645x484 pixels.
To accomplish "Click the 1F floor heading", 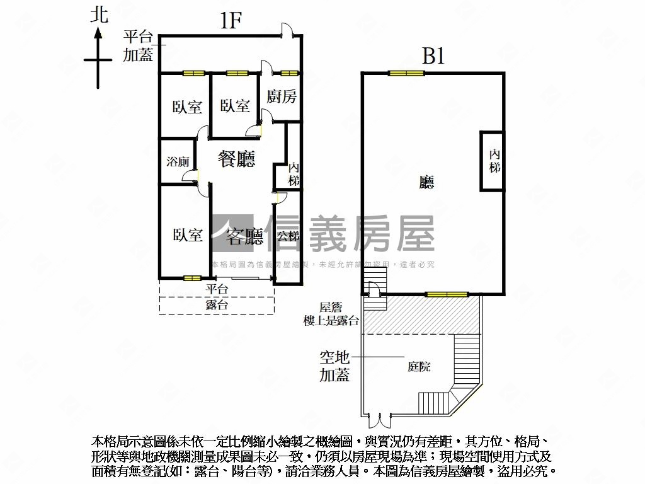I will pos(231,21).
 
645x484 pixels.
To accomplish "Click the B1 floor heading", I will pos(433,57).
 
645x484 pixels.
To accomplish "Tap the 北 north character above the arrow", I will pos(99,15).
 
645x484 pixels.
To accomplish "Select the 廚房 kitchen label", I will pos(281,96).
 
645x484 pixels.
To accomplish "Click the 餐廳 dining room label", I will pos(237,159).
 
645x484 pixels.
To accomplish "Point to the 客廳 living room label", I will pos(244,236).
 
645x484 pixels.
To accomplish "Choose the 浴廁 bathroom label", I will pos(178,161).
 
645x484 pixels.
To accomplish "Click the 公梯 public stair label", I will pos(287,236).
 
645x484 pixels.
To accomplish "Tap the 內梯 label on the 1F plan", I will pos(294,174).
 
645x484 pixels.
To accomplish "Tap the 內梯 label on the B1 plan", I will pos(494,161).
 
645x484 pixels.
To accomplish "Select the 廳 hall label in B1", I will pos(426,183).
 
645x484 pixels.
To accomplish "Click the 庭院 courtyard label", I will pos(419,366).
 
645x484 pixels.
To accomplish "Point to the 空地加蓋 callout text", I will pos(334,366).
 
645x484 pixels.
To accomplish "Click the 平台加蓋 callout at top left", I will pos(138,45).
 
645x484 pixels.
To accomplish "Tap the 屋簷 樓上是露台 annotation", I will pos(330,314).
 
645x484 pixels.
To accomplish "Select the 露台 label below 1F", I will pos(217,305).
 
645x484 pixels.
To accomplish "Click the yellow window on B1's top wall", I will pos(406,73).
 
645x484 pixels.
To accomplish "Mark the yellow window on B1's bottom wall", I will pos(447,294).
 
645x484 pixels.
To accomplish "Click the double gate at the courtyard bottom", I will pos(379,417).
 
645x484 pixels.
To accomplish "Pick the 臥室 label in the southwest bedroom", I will pos(188,235).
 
